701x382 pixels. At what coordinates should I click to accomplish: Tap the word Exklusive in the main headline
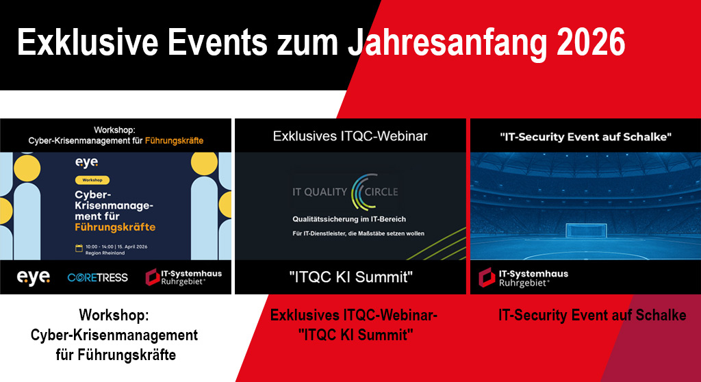coord(88,42)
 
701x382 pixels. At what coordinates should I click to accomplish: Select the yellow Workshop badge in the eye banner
coord(92,180)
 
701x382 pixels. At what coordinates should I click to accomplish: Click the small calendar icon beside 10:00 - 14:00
coord(79,248)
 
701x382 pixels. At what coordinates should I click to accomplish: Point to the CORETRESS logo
coord(97,278)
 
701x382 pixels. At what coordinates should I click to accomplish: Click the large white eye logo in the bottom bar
coord(33,278)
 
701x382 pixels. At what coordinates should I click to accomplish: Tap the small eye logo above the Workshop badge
coord(86,162)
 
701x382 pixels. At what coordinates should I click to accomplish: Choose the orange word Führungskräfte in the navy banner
coord(115,227)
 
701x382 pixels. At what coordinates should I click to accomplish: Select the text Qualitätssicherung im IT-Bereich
coord(349,219)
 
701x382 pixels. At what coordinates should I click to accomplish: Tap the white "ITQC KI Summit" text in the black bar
coord(350,277)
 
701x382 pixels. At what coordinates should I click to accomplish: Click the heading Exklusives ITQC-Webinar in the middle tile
coord(350,136)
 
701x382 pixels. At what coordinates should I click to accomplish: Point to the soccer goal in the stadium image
coord(586,231)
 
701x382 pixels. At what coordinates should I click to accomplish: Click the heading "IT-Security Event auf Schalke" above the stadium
coord(586,137)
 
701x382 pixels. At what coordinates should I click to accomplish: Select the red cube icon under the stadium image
coord(487,277)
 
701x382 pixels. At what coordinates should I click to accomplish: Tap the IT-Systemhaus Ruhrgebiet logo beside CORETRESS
coord(183,277)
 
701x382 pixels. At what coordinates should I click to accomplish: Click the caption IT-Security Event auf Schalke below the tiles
coord(592,316)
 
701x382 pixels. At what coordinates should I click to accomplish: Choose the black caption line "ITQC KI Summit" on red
coord(356,335)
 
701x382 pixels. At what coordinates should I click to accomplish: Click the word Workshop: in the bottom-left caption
coord(114,316)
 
